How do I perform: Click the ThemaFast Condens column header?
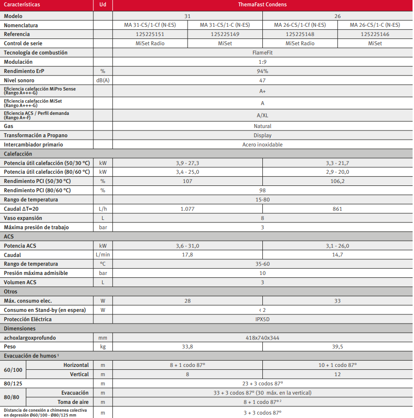[262, 5]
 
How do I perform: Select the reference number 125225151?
[150, 34]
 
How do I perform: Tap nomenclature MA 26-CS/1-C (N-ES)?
[375, 25]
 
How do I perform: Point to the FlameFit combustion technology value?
[262, 53]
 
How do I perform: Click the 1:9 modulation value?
[262, 62]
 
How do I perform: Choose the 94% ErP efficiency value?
[262, 71]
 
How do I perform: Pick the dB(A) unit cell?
[103, 80]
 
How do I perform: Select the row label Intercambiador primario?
[34, 145]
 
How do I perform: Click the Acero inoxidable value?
[262, 145]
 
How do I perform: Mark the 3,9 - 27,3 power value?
[187, 163]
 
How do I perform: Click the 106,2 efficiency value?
[337, 181]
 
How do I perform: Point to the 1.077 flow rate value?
[187, 209]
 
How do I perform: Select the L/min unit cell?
[103, 254]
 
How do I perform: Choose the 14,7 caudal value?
[337, 254]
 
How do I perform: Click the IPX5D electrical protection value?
[262, 319]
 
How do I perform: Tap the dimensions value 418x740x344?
[262, 337]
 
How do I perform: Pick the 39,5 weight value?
[337, 346]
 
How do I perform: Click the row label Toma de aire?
[73, 402]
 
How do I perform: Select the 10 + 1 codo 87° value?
[337, 365]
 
